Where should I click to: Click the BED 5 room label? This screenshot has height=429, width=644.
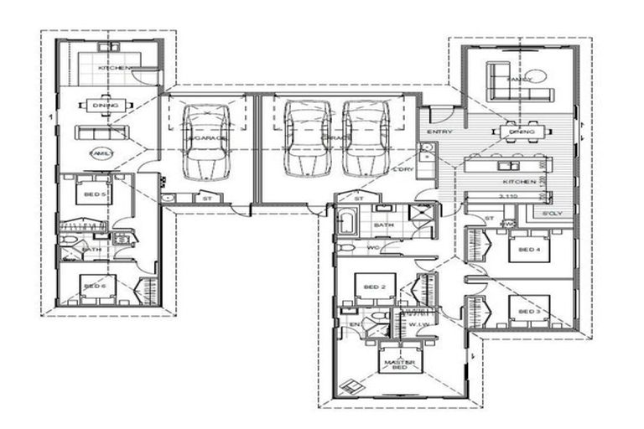[x=94, y=194]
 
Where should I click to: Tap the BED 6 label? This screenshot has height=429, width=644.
[x=94, y=287]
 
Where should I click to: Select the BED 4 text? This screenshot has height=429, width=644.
[x=527, y=250]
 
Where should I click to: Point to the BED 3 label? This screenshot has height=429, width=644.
[x=527, y=311]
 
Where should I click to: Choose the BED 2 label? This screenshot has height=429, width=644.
[x=374, y=287]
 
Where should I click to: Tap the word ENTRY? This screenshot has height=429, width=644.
[x=439, y=132]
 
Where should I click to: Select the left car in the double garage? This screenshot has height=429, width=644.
[x=307, y=138]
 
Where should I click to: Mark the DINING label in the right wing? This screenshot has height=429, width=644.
[x=522, y=132]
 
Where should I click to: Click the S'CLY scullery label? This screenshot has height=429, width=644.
[x=551, y=214]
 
